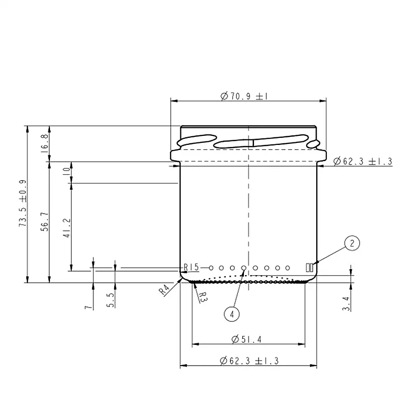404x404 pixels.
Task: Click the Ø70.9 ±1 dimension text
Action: tap(244, 96)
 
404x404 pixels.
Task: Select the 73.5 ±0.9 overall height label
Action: tap(23, 204)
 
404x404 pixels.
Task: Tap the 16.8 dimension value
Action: tap(44, 143)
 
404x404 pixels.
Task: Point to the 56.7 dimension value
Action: tap(44, 222)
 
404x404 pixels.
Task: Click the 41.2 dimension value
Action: tap(67, 228)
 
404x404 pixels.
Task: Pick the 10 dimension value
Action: tap(67, 171)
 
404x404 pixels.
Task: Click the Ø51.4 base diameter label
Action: tap(246, 339)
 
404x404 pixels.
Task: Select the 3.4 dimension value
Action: tap(346, 304)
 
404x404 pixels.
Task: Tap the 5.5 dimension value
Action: tap(110, 300)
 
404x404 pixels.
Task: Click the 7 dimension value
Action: tap(88, 307)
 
